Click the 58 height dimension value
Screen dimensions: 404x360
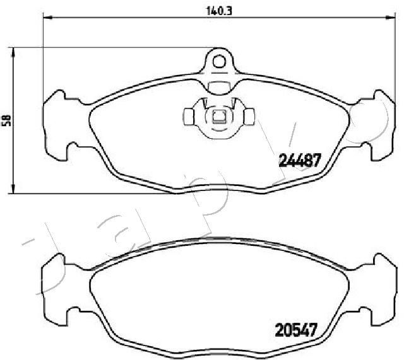(6, 120)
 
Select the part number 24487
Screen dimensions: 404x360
(300, 160)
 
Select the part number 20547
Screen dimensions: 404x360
(295, 330)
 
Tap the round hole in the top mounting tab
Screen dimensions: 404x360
(219, 61)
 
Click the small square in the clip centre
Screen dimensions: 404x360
(218, 116)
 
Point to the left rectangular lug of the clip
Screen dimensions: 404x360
(189, 117)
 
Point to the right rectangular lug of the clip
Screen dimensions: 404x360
(249, 117)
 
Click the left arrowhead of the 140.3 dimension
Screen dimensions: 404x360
(47, 18)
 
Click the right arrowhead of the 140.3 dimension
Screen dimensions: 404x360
(390, 18)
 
